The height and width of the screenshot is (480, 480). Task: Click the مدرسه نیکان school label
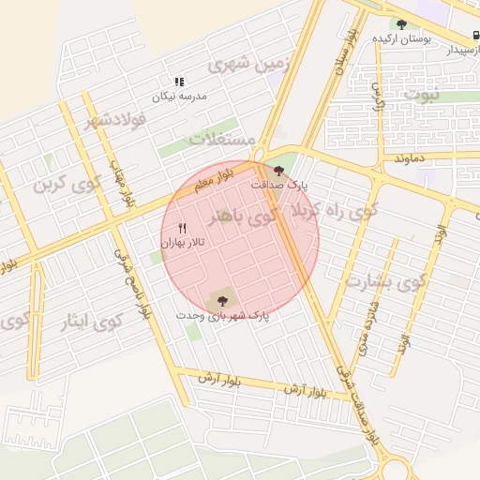pos(180,97)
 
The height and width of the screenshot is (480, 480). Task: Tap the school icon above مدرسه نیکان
pos(179,82)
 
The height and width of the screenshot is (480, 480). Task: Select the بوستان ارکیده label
pos(402,38)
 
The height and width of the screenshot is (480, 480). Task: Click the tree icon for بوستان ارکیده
pos(402,24)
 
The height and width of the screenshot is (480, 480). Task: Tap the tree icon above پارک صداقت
pos(277,171)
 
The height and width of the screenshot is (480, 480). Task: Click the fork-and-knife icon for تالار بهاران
pos(183,228)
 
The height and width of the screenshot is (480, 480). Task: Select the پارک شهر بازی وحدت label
pos(222,316)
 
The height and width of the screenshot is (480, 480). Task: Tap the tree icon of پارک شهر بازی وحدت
pos(222,301)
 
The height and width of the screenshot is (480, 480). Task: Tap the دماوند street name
pos(410,157)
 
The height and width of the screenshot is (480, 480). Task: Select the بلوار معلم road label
pos(212,179)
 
